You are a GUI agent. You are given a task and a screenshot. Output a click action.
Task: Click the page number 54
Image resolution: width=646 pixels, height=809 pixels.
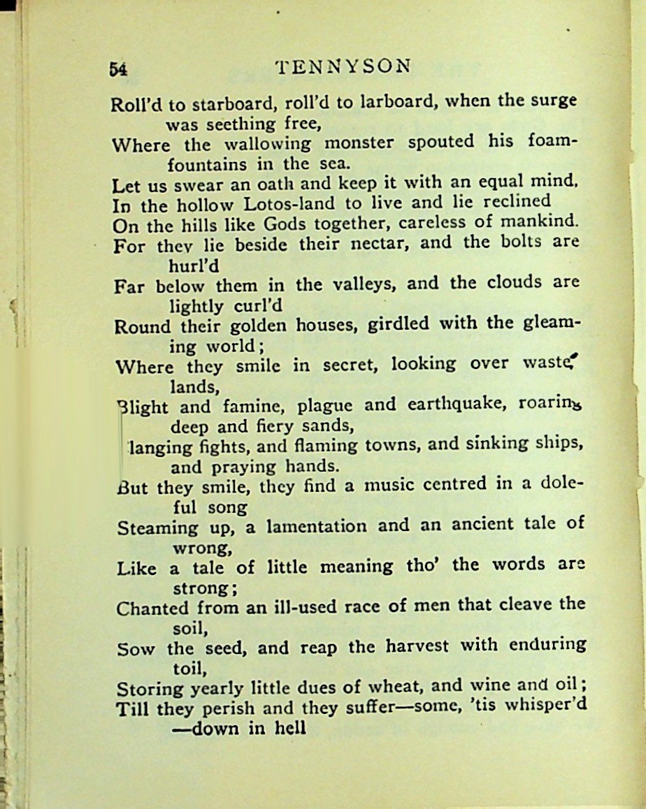click(117, 68)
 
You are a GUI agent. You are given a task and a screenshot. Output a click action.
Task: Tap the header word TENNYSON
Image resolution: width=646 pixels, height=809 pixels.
click(343, 66)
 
